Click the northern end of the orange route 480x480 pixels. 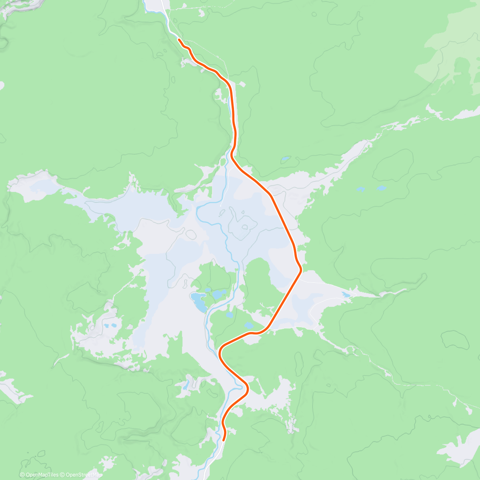(x=179, y=40)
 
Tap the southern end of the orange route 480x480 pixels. (x=224, y=440)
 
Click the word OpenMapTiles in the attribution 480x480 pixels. (x=42, y=475)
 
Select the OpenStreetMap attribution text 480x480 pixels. (x=84, y=475)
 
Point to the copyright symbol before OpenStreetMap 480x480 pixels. (x=62, y=475)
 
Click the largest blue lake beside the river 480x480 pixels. (x=198, y=302)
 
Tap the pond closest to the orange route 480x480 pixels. (x=248, y=325)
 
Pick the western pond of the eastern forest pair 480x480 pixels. (x=360, y=189)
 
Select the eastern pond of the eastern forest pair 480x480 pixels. (x=381, y=188)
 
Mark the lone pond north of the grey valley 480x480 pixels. (x=285, y=160)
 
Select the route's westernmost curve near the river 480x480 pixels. (x=220, y=352)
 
